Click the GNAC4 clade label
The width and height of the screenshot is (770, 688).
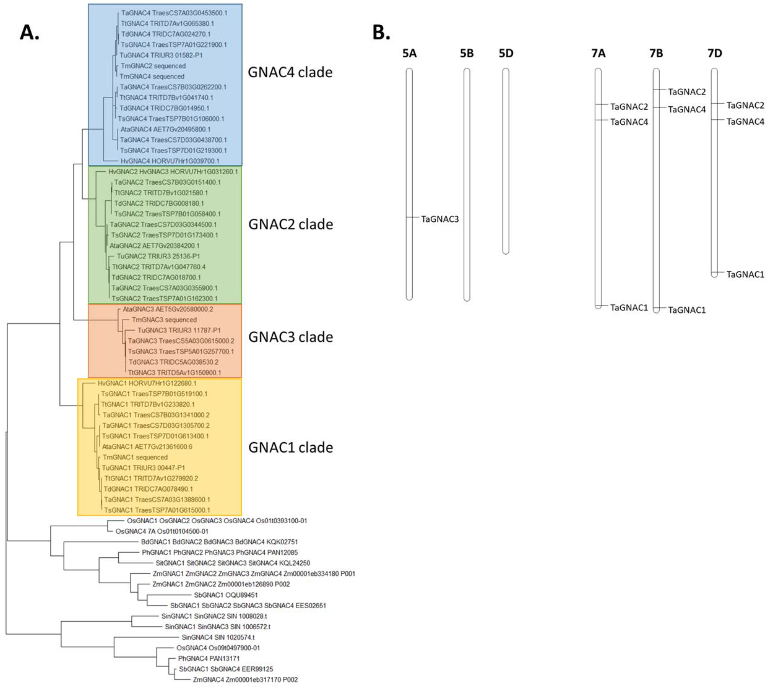coord(290,72)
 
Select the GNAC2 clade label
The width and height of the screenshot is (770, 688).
coord(291,224)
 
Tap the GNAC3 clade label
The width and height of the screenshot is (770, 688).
coord(291,337)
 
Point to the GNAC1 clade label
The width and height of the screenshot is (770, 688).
coord(291,447)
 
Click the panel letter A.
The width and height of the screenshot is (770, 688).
coord(30,33)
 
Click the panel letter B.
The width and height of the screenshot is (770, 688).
coord(381,33)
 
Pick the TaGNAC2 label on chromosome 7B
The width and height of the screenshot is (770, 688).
coord(687,92)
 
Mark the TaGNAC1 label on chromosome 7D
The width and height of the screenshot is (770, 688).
coord(745,275)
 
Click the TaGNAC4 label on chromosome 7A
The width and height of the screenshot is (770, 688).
coord(629,122)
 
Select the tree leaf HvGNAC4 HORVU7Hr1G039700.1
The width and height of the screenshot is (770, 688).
coord(170,161)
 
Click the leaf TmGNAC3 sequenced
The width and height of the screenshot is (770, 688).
coord(164,320)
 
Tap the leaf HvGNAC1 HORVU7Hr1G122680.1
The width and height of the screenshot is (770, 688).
coord(147,383)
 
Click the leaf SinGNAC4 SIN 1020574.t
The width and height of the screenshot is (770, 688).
coord(218,637)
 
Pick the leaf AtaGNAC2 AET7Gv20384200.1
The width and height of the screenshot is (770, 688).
coord(154,246)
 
